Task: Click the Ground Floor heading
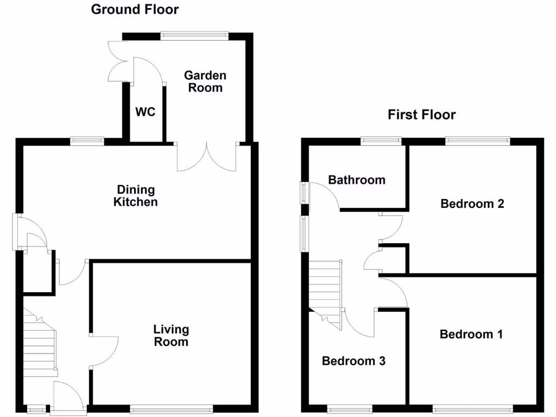[x=135, y=9]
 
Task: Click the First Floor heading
[x=421, y=115]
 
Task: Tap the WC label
[x=145, y=112]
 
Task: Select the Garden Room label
[x=205, y=81]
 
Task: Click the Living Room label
[x=171, y=336]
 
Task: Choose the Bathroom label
[x=357, y=180]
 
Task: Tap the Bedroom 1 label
[x=471, y=334]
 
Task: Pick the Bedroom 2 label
[x=472, y=204]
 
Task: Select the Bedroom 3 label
[x=353, y=361]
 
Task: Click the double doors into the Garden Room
[x=207, y=157]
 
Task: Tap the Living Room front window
[x=171, y=410]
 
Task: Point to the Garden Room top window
[x=194, y=36]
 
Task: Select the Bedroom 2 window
[x=478, y=141]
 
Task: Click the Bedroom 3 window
[x=350, y=410]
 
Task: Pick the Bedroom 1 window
[x=472, y=410]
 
